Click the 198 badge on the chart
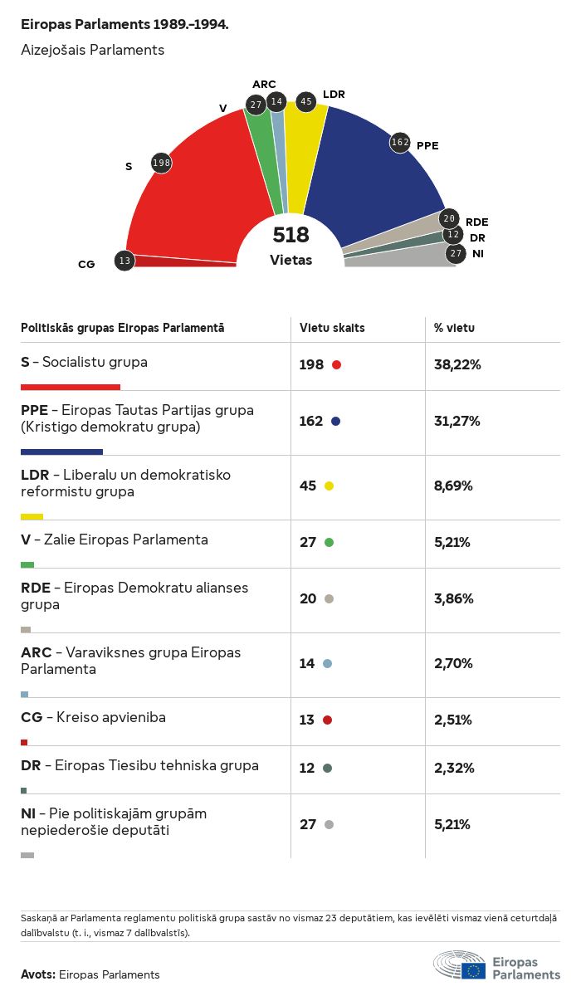(x=161, y=164)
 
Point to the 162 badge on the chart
(x=401, y=143)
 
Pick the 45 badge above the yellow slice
(x=306, y=102)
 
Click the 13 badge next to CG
(x=124, y=261)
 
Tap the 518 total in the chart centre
(x=290, y=235)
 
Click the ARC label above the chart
(x=264, y=85)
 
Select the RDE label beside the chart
(x=476, y=222)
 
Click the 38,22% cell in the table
(x=457, y=364)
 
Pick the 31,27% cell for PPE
(x=457, y=421)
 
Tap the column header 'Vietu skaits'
(x=332, y=328)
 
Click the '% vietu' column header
(x=454, y=328)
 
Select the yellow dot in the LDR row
(x=330, y=486)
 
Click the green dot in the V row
(x=330, y=542)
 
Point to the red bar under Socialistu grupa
(x=71, y=387)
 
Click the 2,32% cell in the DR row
(x=454, y=768)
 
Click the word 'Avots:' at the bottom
(x=38, y=974)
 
